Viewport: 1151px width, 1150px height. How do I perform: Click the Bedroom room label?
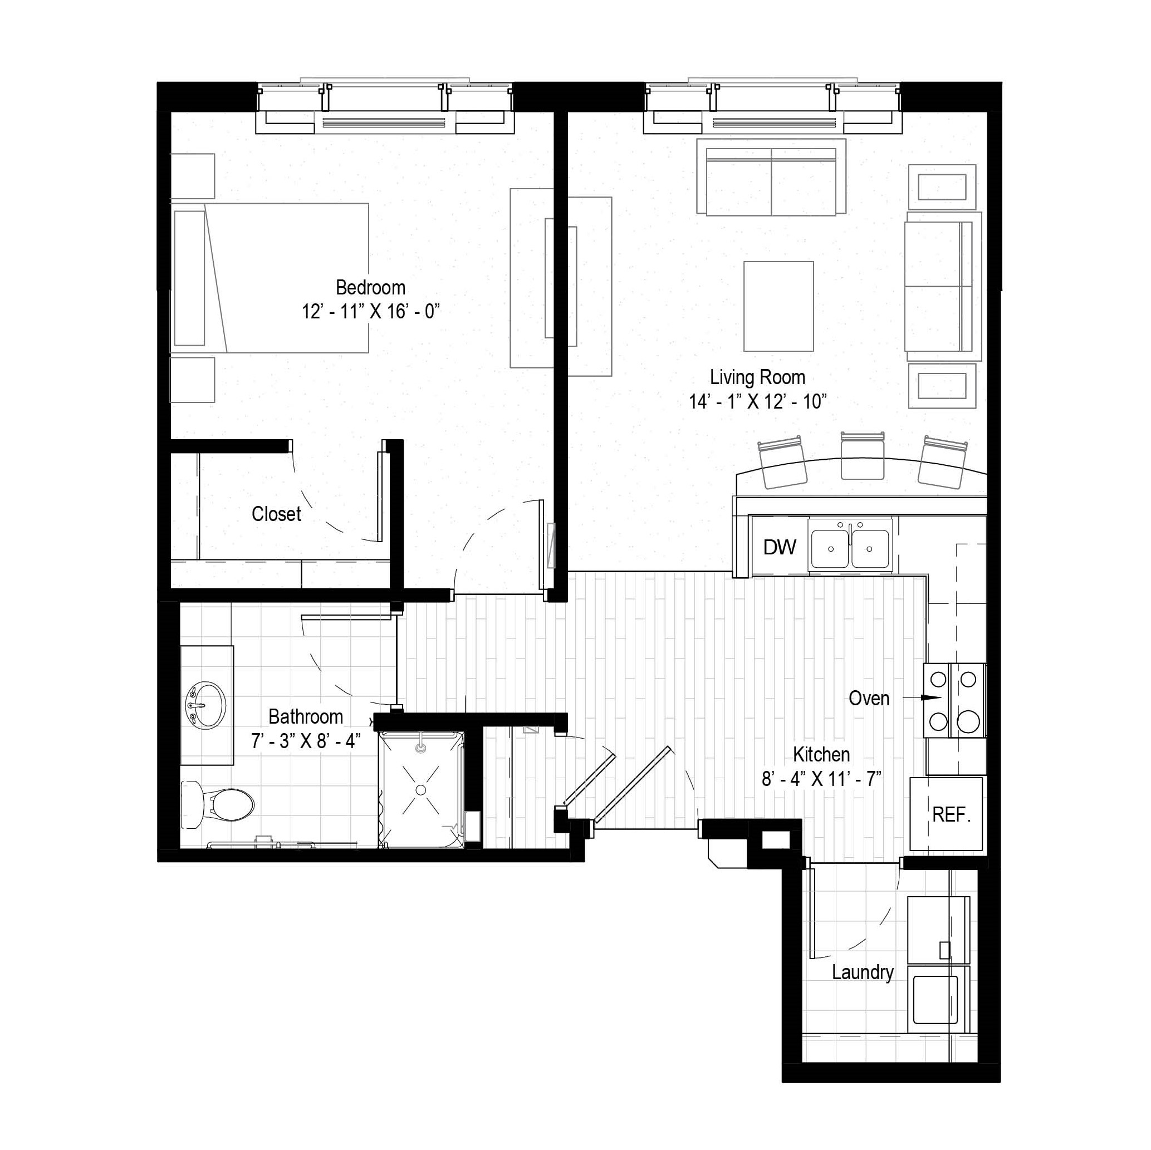370,288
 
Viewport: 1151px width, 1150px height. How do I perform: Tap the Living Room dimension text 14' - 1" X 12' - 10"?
758,401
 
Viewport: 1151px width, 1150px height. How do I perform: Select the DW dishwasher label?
779,547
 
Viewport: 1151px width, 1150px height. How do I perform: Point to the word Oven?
869,698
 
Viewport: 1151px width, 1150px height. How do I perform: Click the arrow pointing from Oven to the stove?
922,697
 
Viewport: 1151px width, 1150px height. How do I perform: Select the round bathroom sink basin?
206,705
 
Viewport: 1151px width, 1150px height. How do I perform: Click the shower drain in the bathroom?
420,790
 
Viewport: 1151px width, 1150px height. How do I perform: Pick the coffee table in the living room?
778,306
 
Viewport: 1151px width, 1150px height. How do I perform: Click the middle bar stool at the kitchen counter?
861,455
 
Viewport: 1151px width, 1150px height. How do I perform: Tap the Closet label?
276,514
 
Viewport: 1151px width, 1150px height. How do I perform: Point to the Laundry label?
863,972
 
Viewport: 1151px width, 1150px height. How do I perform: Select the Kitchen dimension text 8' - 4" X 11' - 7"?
821,778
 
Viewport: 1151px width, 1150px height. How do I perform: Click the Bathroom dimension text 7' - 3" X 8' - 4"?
306,741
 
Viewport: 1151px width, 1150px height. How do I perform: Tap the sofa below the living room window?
771,178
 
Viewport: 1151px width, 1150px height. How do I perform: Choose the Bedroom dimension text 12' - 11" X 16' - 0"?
370,311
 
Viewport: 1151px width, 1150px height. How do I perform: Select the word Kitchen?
821,755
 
